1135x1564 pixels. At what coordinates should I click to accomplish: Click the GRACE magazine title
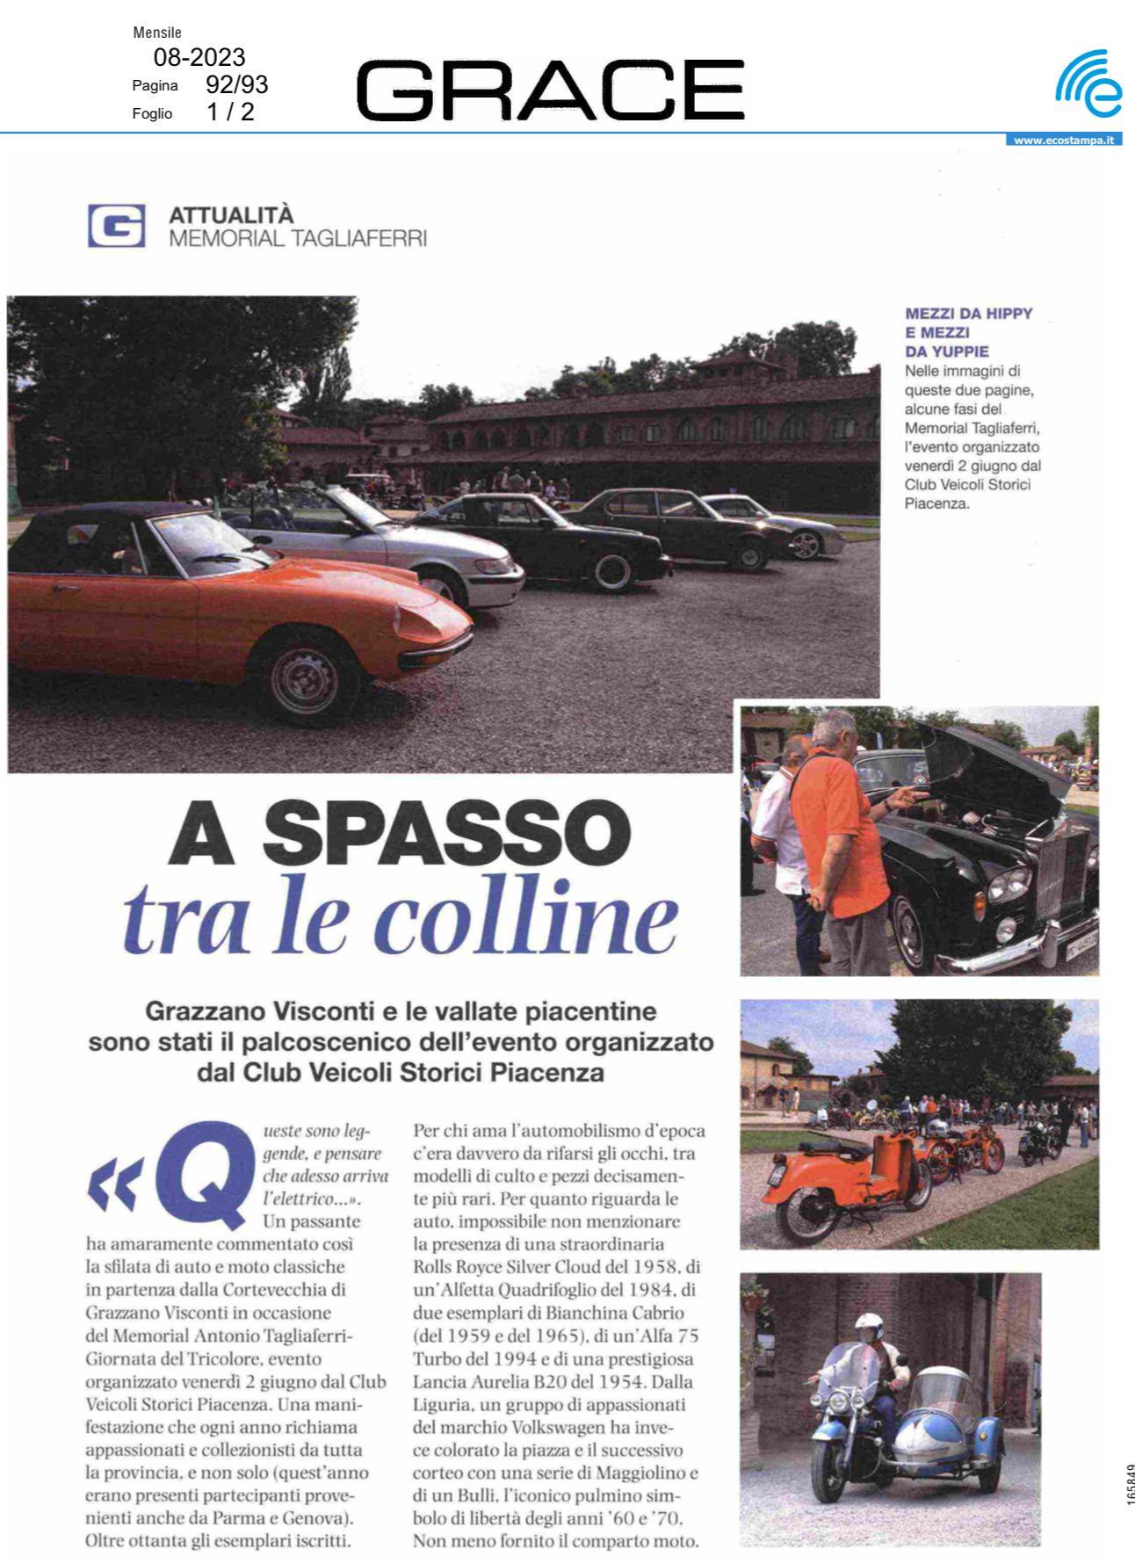(x=550, y=90)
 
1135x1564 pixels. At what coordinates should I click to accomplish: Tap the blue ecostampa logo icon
(x=1088, y=85)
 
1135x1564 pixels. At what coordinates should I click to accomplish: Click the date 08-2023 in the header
(x=199, y=58)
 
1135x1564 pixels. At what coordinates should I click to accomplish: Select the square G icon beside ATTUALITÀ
(x=116, y=227)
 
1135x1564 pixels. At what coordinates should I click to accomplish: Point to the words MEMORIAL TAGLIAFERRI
(x=298, y=238)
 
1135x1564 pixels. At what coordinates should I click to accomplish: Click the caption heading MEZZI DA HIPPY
(x=968, y=314)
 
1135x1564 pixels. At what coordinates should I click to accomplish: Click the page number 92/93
(x=236, y=85)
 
